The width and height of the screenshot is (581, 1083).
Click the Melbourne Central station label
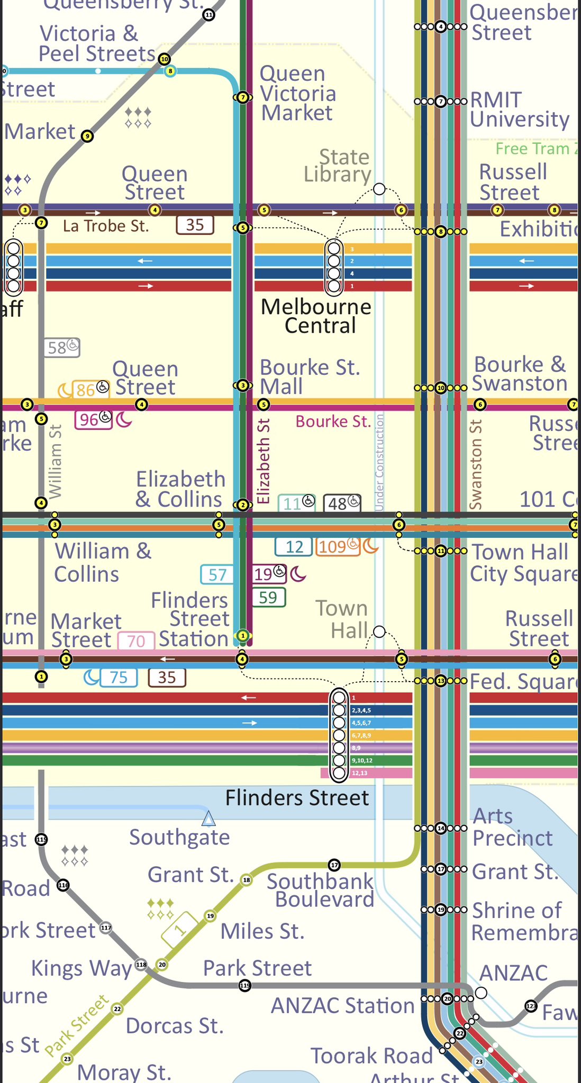(x=316, y=316)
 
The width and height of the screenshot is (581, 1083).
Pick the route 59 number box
(x=268, y=598)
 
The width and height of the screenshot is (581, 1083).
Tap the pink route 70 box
(x=136, y=641)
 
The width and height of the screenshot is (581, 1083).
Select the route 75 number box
(x=119, y=677)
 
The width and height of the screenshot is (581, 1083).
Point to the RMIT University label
(x=519, y=109)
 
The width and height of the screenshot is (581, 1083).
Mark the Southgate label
(x=179, y=837)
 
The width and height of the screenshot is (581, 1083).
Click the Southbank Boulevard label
(x=321, y=890)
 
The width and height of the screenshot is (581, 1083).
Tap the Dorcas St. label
(x=175, y=1026)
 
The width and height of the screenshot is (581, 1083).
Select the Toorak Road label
(x=371, y=1056)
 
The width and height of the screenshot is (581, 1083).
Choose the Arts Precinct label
(x=512, y=827)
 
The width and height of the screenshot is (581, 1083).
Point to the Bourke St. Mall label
(x=310, y=377)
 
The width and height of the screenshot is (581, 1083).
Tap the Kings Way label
(x=81, y=968)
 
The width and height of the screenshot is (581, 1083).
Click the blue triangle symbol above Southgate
(x=209, y=819)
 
